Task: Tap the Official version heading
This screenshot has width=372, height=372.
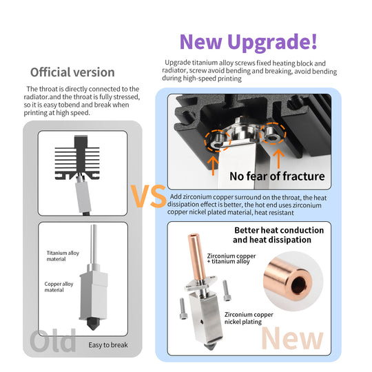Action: (72, 72)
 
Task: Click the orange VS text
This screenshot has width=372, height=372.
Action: (148, 196)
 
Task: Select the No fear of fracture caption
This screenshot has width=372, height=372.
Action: (276, 176)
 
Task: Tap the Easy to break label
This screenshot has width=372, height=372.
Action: (107, 344)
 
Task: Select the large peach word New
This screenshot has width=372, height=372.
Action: (293, 338)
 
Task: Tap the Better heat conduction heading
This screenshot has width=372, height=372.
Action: (278, 235)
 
